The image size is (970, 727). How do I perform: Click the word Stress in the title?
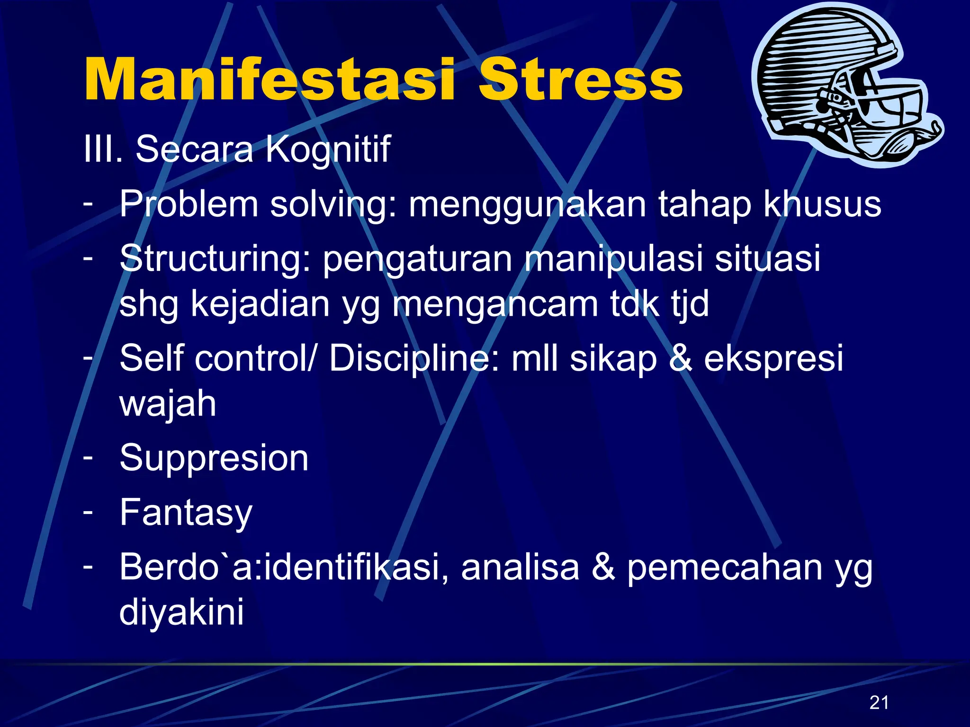pos(580,79)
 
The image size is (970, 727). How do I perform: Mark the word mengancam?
pos(495,304)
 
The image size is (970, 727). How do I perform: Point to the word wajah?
pos(168,403)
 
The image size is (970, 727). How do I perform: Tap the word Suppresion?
pos(214,458)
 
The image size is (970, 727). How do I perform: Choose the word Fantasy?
pos(186,513)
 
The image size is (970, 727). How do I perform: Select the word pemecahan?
pos(725,567)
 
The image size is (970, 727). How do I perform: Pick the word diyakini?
pos(181,612)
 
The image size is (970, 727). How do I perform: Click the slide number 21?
pos(879,702)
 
